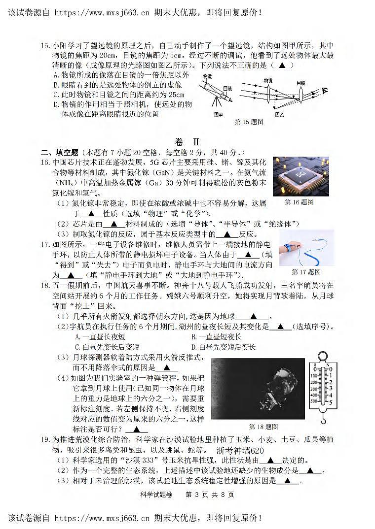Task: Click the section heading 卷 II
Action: pos(187,141)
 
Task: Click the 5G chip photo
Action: pos(300,176)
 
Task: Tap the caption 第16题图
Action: pos(299,202)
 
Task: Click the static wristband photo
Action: pos(306,248)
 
